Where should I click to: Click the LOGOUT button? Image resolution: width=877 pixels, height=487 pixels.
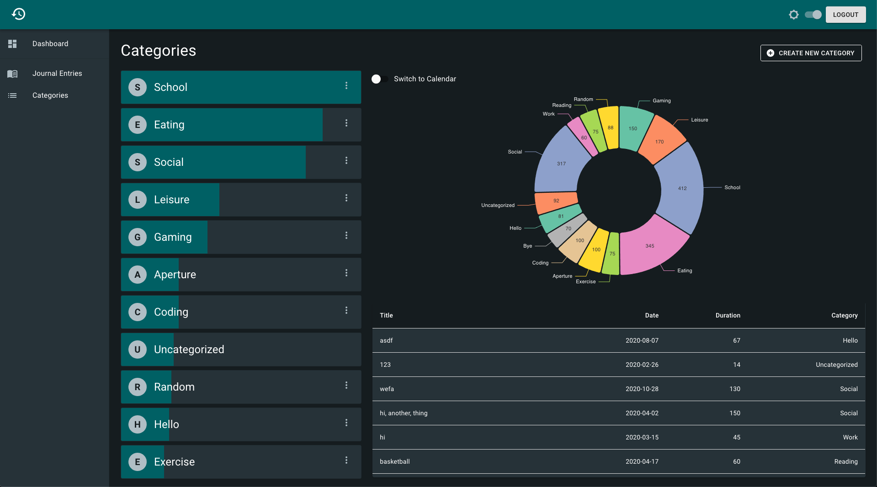click(x=845, y=15)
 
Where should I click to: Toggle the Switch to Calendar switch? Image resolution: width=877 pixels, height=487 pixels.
click(x=380, y=79)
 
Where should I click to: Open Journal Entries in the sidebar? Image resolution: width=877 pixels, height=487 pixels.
click(x=57, y=73)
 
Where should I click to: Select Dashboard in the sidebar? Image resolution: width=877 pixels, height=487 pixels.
click(x=50, y=43)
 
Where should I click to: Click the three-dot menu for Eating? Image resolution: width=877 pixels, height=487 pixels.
click(x=346, y=123)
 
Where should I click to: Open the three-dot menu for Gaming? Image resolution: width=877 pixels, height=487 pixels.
click(x=346, y=235)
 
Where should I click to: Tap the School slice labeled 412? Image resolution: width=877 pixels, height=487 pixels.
click(x=681, y=188)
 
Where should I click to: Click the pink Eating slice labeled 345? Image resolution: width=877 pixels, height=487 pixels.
click(x=651, y=247)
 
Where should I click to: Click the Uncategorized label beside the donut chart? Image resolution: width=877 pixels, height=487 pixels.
click(x=498, y=205)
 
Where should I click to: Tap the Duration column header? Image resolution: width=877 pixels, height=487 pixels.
click(x=728, y=315)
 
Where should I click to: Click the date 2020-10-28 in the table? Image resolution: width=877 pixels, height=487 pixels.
click(x=642, y=389)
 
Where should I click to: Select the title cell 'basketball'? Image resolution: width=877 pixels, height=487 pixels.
click(x=394, y=461)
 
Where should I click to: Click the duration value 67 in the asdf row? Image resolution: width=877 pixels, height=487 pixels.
click(x=736, y=340)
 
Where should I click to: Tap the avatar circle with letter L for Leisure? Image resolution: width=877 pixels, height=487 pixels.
click(x=138, y=200)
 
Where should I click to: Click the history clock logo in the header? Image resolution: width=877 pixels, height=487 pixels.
click(x=18, y=14)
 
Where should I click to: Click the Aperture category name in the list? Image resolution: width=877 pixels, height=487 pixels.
click(x=175, y=275)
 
